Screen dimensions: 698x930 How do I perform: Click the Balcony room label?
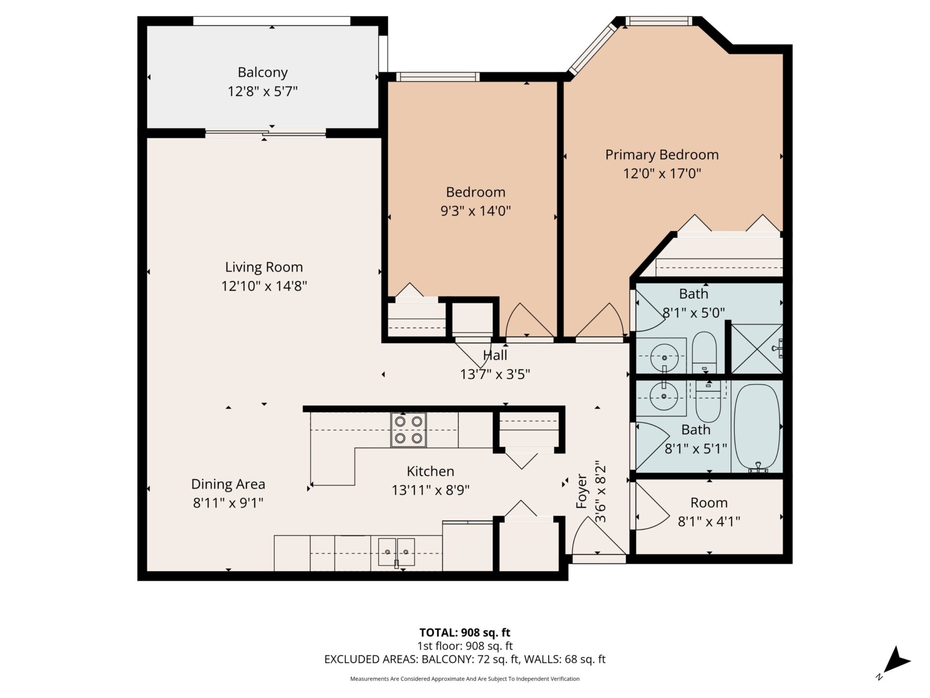click(263, 73)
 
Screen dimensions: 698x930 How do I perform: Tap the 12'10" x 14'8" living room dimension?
click(264, 286)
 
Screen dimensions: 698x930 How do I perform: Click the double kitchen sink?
click(396, 552)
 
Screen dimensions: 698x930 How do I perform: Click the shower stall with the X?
click(757, 349)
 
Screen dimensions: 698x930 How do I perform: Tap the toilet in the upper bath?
click(704, 352)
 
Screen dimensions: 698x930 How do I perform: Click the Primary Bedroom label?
click(662, 154)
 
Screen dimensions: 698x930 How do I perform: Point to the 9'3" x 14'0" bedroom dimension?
click(475, 211)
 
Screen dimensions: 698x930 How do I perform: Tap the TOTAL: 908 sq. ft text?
click(465, 632)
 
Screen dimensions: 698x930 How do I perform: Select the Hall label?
click(495, 356)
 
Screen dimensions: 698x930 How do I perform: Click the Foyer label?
click(582, 491)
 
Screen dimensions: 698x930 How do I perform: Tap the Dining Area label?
click(228, 484)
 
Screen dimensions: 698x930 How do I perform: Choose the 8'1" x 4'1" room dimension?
click(709, 522)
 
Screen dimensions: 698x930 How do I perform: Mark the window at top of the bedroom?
click(437, 77)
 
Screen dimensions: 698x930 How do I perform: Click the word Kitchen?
click(430, 471)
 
